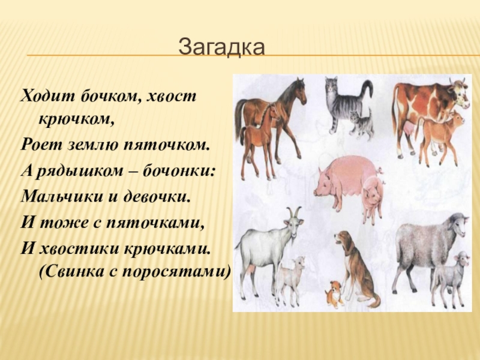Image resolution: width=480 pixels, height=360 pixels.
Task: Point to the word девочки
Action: pyautogui.click(x=160, y=196)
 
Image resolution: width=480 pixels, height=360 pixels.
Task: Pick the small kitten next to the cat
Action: pyautogui.click(x=361, y=124)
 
